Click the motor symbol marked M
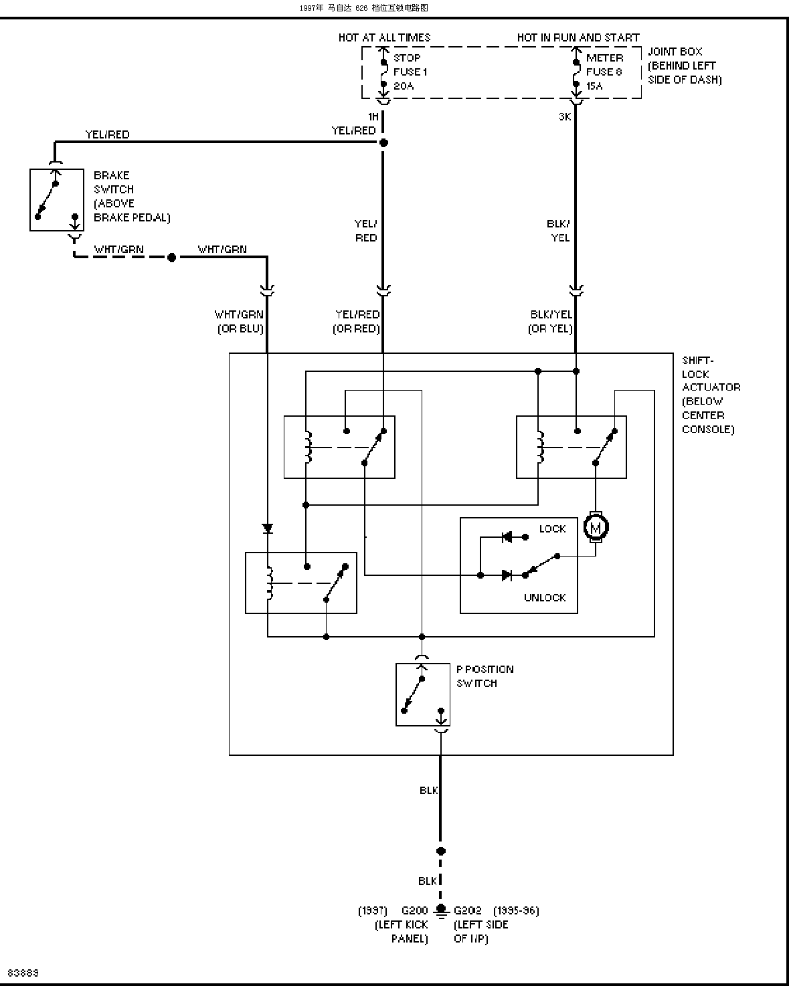[x=596, y=527]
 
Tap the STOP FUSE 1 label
[x=410, y=72]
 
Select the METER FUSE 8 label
[x=604, y=72]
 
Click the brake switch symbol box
[x=57, y=200]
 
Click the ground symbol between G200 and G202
[x=440, y=911]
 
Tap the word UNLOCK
[x=545, y=597]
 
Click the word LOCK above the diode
[x=553, y=528]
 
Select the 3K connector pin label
[x=565, y=117]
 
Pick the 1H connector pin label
[x=373, y=117]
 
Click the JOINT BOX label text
[x=685, y=66]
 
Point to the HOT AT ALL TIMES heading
[x=385, y=37]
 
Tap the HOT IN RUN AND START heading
[x=578, y=37]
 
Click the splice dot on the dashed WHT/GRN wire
[x=171, y=258]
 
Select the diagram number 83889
[x=23, y=973]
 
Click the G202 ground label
[x=468, y=910]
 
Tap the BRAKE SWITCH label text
[x=132, y=197]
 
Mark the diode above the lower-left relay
[x=267, y=528]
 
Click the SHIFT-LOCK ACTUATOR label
[x=711, y=395]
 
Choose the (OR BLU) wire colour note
[x=240, y=328]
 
